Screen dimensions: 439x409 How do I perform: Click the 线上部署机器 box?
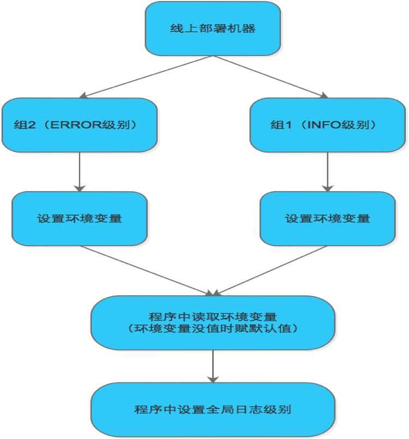[x=213, y=28]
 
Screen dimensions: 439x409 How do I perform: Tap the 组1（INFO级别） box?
[x=327, y=124]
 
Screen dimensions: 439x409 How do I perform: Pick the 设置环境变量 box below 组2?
[x=80, y=218]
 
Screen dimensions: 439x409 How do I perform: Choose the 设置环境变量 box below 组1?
[x=327, y=218]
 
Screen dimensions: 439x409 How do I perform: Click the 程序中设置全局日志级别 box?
[x=213, y=409]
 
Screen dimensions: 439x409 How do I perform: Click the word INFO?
[x=324, y=125]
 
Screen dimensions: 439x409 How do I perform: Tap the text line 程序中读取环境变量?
[x=213, y=315]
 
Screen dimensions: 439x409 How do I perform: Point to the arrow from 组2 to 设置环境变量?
[x=80, y=171]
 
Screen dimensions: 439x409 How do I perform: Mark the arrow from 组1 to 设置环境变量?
[x=327, y=171]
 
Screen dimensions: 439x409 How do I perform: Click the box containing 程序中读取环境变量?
[x=213, y=322]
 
